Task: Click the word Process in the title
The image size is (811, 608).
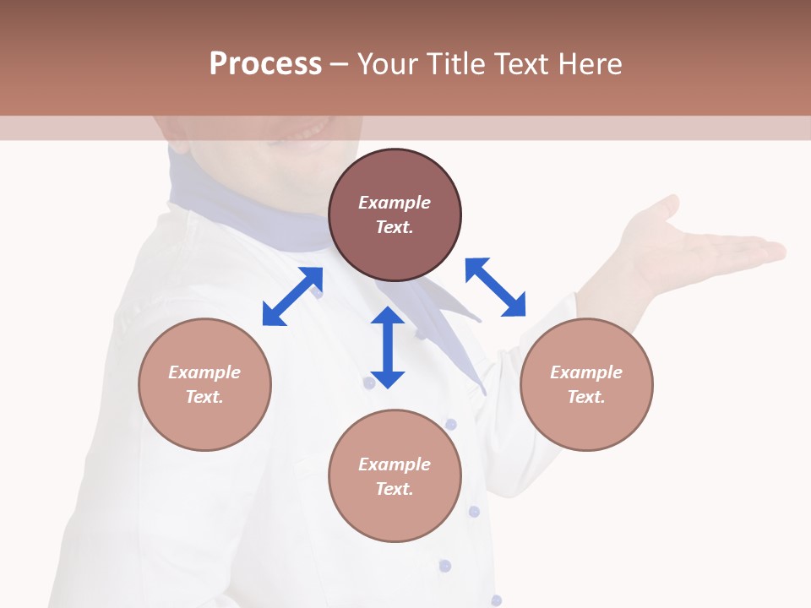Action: [265, 64]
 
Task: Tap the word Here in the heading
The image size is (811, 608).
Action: [589, 64]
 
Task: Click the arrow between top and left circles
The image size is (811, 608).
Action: [292, 296]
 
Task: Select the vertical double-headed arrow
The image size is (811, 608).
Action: [388, 347]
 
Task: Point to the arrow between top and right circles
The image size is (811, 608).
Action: [495, 287]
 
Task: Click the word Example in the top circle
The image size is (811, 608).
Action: [395, 203]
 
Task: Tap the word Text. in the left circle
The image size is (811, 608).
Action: [204, 397]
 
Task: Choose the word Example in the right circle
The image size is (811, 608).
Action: [586, 372]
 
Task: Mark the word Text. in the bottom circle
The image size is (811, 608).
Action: [395, 489]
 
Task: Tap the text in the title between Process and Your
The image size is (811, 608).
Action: [339, 64]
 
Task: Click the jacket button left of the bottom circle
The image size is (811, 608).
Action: [368, 383]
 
